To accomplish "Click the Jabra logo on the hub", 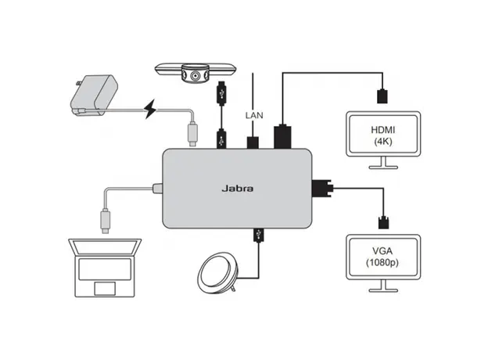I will coord(239,188).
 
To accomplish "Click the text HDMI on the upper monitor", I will coord(382,129).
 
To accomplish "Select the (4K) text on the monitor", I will coord(382,142).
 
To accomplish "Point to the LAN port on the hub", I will coord(253,142).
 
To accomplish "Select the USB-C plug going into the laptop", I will coord(104,221).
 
